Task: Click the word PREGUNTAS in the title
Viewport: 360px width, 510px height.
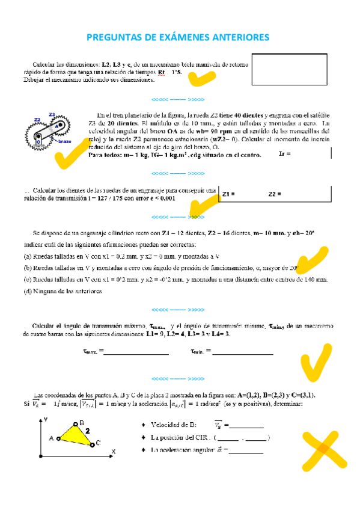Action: pyautogui.click(x=115, y=38)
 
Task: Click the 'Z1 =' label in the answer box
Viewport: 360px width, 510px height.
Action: pyautogui.click(x=228, y=194)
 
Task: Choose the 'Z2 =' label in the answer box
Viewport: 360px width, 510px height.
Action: pyautogui.click(x=275, y=194)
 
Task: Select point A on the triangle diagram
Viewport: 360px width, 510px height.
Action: pyautogui.click(x=58, y=438)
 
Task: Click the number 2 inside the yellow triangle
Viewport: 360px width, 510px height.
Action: pyautogui.click(x=87, y=431)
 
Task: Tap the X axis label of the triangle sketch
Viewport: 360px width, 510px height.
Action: pyautogui.click(x=113, y=451)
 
